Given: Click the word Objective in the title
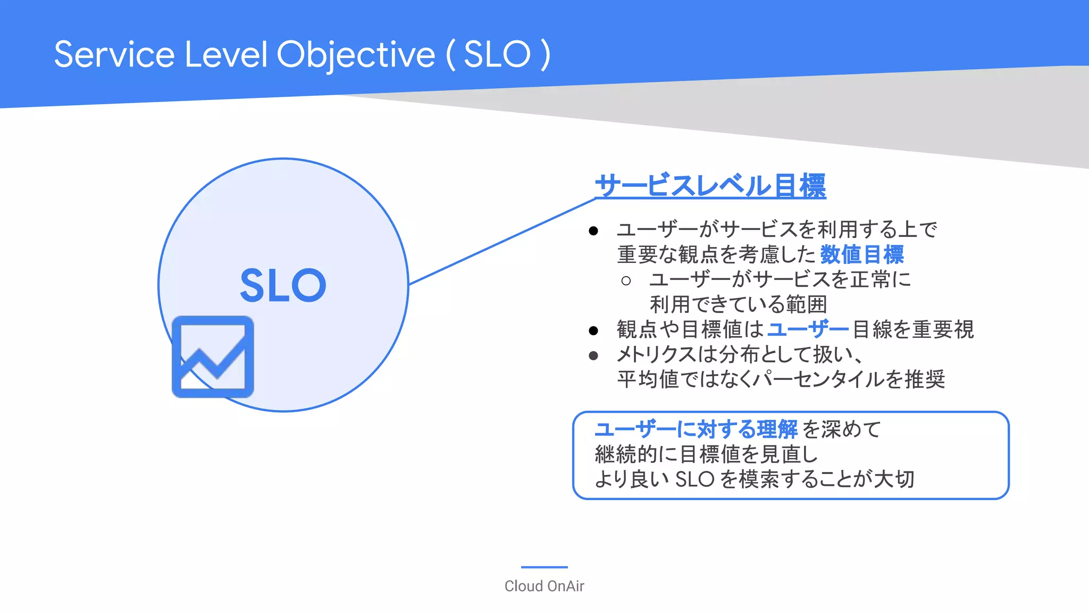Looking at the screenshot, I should (356, 55).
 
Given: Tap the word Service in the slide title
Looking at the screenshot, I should (114, 55).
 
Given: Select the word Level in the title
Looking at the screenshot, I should (226, 55).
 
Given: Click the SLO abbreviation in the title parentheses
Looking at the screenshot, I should (497, 55).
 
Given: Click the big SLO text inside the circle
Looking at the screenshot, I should (283, 286).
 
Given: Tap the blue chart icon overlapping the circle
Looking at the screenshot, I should (213, 357).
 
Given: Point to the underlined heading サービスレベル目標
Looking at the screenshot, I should (710, 186).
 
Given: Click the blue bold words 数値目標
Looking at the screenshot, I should (861, 254).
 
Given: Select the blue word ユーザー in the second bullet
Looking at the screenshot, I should (808, 329).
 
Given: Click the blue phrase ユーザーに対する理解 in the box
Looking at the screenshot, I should (696, 429).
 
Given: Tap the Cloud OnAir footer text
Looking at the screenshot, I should (544, 586).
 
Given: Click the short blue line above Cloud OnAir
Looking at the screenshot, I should (544, 567).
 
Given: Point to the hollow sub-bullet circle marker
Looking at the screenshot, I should (626, 280).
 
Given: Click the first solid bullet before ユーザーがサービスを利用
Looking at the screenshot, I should (593, 231).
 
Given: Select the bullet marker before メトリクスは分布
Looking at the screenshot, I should (593, 355).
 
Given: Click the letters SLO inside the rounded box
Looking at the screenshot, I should (694, 479).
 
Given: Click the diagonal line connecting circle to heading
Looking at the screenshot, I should (502, 242).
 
